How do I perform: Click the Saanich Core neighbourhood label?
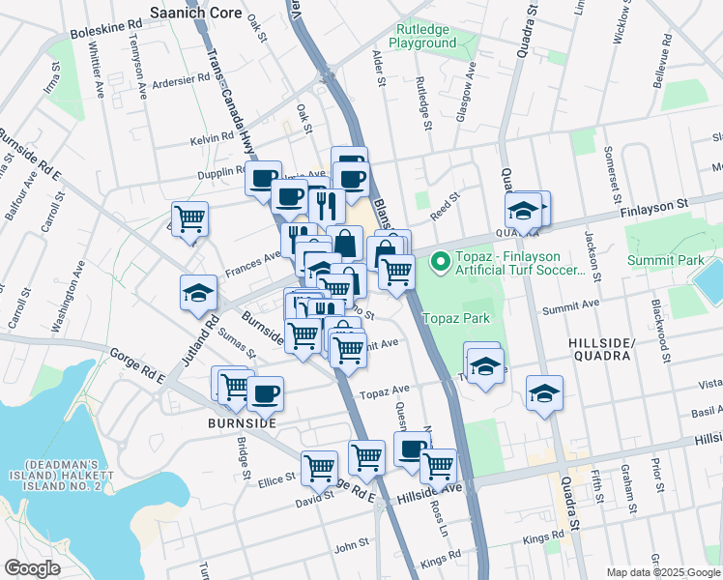click(x=200, y=13)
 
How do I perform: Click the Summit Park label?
click(x=665, y=261)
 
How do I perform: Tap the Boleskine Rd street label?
click(x=99, y=30)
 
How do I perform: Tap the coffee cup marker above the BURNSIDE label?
click(x=264, y=391)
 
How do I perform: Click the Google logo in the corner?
click(x=32, y=568)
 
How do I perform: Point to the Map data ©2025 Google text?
click(x=663, y=572)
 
